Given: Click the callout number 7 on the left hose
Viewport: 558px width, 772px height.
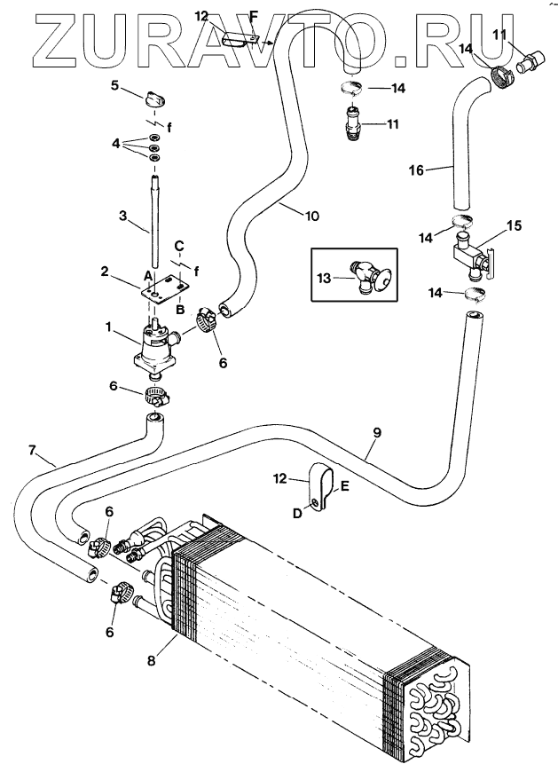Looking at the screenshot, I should tap(32, 450).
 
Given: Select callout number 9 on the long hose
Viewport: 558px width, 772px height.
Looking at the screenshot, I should tap(377, 433).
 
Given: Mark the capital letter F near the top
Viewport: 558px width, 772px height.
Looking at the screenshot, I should tap(253, 16).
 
